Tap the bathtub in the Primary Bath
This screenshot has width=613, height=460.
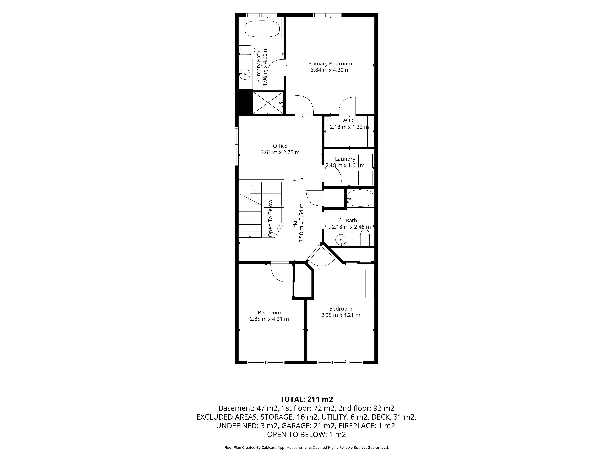tap(262, 29)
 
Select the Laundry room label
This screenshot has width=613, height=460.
tap(345, 159)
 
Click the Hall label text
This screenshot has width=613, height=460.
tap(295, 223)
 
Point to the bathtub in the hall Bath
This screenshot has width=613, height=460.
tap(360, 198)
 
